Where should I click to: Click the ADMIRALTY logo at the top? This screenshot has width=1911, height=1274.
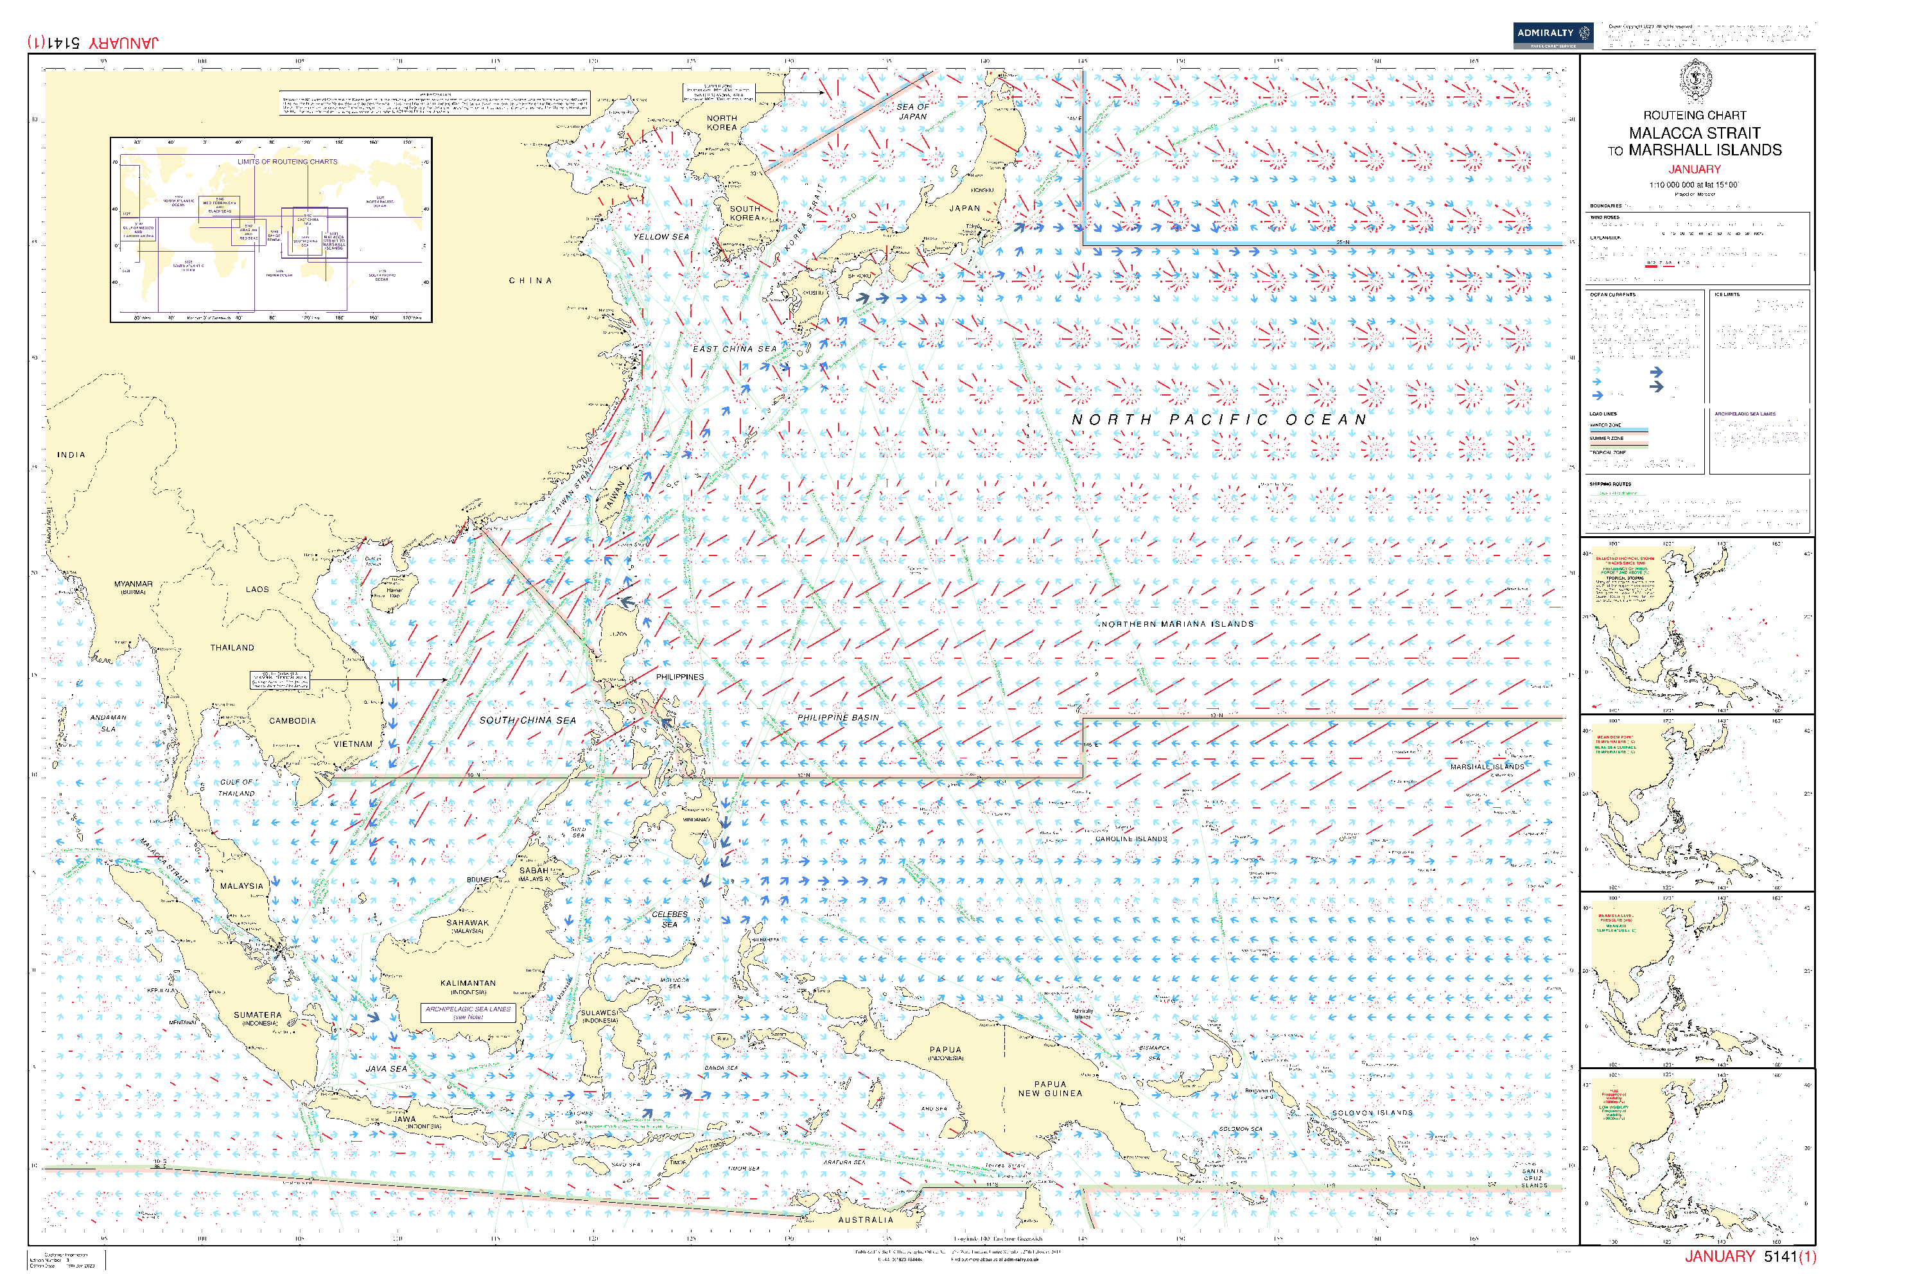click(1552, 34)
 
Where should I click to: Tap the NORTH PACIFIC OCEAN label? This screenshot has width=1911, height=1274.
click(1218, 420)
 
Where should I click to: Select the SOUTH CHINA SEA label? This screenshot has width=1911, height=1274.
click(527, 720)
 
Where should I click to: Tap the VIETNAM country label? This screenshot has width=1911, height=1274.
click(353, 744)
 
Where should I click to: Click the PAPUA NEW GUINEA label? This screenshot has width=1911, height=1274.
click(1050, 1090)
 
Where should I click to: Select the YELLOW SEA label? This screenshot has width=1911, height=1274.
click(661, 237)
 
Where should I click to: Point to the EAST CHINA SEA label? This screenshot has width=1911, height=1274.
click(735, 349)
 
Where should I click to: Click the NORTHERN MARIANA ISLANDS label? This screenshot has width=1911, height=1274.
click(1177, 625)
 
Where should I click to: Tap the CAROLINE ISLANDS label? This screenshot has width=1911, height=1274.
click(1131, 839)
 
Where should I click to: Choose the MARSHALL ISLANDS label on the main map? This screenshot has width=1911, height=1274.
click(1487, 767)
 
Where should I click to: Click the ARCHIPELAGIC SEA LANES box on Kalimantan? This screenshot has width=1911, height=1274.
click(468, 1013)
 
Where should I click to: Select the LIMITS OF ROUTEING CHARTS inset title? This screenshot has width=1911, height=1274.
click(287, 162)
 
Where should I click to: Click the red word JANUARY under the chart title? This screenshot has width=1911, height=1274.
click(1694, 170)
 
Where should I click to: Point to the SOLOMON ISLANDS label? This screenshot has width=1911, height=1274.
click(1372, 1113)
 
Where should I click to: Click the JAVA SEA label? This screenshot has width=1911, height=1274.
click(387, 1069)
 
